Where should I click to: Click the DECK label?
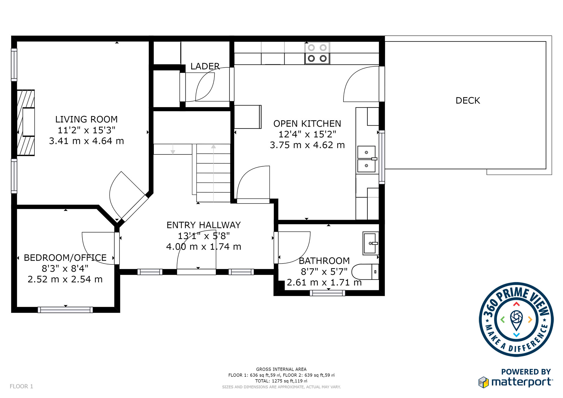[x=468, y=100]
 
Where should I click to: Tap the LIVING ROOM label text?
[x=86, y=119]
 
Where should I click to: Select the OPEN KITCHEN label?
[x=307, y=124]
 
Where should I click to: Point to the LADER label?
[x=205, y=66]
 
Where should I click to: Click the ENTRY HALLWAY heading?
[x=204, y=225]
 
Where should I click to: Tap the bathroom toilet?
[x=365, y=272]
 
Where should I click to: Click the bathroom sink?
[x=370, y=243]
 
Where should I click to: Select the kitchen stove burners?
[x=317, y=53]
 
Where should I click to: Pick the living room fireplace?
[x=26, y=123]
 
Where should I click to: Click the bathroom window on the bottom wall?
[x=327, y=293]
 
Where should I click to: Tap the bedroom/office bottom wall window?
[x=65, y=310]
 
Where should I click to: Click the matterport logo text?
[x=522, y=382]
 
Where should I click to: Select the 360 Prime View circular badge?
[x=516, y=320]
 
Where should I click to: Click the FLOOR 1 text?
[x=21, y=386]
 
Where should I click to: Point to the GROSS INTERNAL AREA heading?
[x=281, y=369]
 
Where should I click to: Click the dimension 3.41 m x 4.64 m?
[x=86, y=141]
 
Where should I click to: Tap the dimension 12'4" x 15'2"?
[x=307, y=134]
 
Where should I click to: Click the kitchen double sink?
[x=367, y=159]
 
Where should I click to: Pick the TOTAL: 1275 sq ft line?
[x=281, y=381]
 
